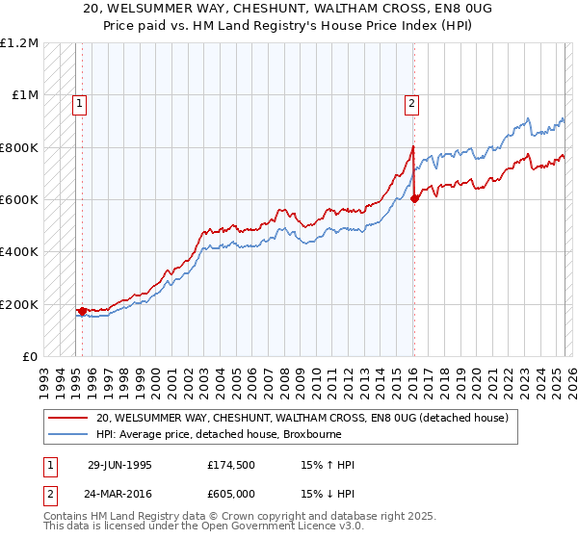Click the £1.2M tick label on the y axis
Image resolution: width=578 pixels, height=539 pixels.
[20, 43]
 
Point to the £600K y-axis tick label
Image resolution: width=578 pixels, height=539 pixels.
[19, 200]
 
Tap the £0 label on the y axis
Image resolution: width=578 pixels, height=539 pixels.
[30, 357]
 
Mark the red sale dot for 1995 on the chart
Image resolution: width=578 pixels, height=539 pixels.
[83, 311]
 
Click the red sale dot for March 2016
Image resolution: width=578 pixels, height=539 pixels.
[414, 198]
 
